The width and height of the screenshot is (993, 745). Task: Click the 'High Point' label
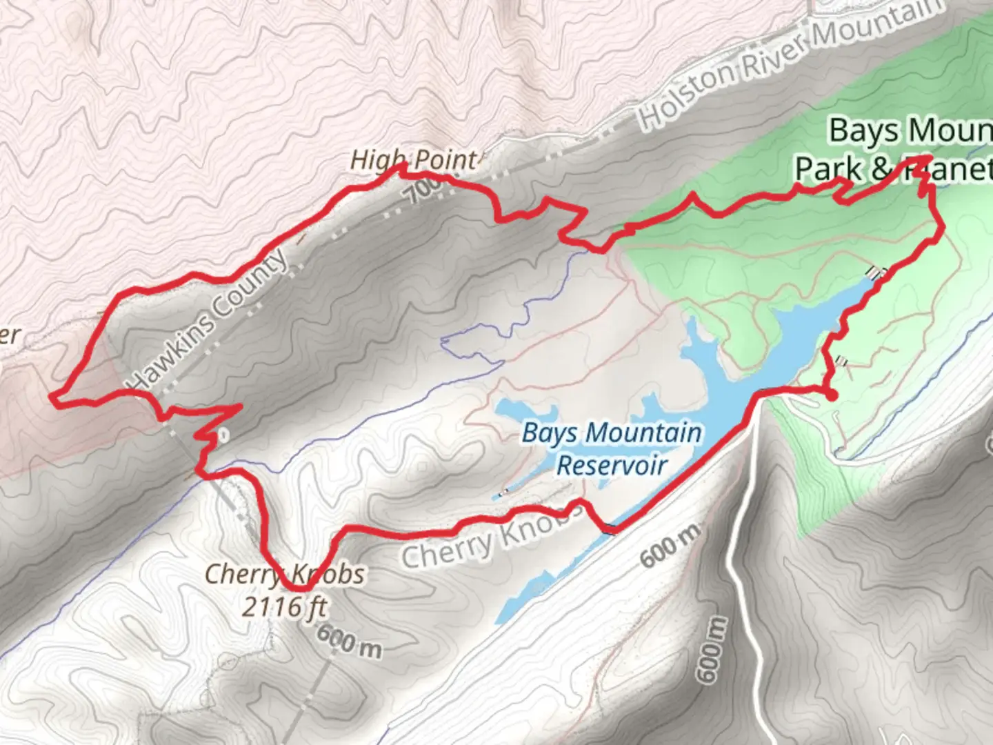(412, 160)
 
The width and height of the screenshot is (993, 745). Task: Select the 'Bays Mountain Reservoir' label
(612, 448)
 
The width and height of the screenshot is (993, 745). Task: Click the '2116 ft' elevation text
(284, 607)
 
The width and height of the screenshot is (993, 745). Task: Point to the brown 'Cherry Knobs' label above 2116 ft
(284, 574)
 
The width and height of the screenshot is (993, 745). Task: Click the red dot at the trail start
(832, 395)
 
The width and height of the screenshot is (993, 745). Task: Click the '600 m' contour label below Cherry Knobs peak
(350, 643)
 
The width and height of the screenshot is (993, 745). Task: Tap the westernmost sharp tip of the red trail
(52, 397)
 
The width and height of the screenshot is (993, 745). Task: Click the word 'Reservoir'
(612, 465)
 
